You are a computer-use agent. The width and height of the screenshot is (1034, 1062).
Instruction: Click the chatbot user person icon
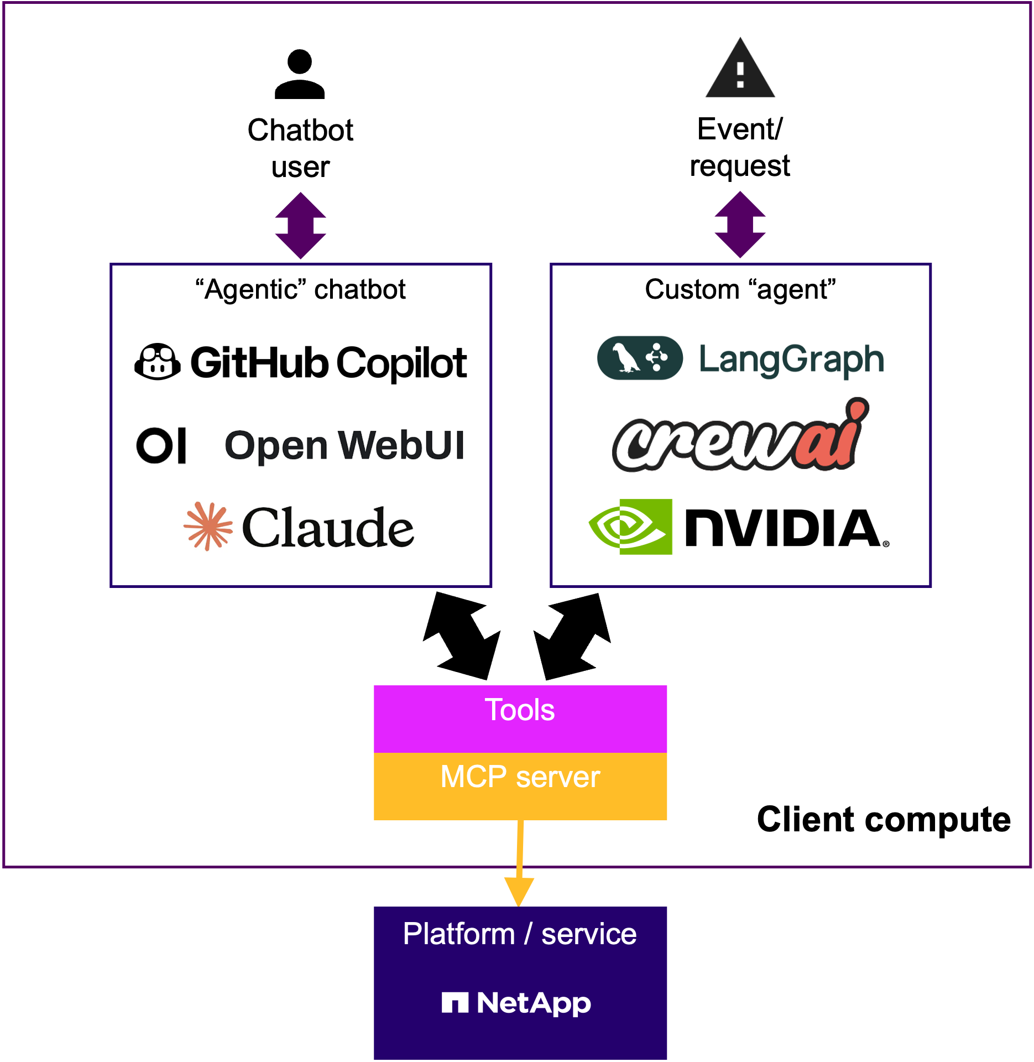300,74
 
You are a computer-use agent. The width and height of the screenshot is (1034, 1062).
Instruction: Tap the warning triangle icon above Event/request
740,70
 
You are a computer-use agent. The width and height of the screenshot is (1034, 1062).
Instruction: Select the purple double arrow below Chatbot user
300,226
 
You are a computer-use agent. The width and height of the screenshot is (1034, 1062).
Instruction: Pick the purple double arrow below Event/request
740,225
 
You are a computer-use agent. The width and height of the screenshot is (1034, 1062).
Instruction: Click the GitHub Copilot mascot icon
158,362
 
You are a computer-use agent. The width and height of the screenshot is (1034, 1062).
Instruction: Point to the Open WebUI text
344,446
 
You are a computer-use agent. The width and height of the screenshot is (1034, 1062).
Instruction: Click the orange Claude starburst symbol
208,526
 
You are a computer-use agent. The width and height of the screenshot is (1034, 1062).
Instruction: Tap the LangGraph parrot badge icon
640,358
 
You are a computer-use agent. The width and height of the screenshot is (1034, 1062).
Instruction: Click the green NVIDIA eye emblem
630,526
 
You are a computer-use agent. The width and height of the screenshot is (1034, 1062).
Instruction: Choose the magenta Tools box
520,719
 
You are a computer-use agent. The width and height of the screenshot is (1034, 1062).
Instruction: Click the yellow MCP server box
520,786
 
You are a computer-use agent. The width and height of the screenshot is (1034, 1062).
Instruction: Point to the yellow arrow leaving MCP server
520,863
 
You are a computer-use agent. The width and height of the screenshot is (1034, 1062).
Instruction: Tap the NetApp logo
516,1002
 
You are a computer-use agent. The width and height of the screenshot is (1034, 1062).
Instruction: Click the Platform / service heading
520,934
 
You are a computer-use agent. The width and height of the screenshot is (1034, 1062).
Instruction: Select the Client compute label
884,819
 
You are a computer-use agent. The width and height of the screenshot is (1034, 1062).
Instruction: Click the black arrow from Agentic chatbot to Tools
462,636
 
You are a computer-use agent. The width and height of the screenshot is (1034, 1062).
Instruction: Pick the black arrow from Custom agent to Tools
572,637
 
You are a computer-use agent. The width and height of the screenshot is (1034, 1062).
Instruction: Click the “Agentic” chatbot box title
300,289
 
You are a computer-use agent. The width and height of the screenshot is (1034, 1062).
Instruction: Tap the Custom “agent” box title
740,289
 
